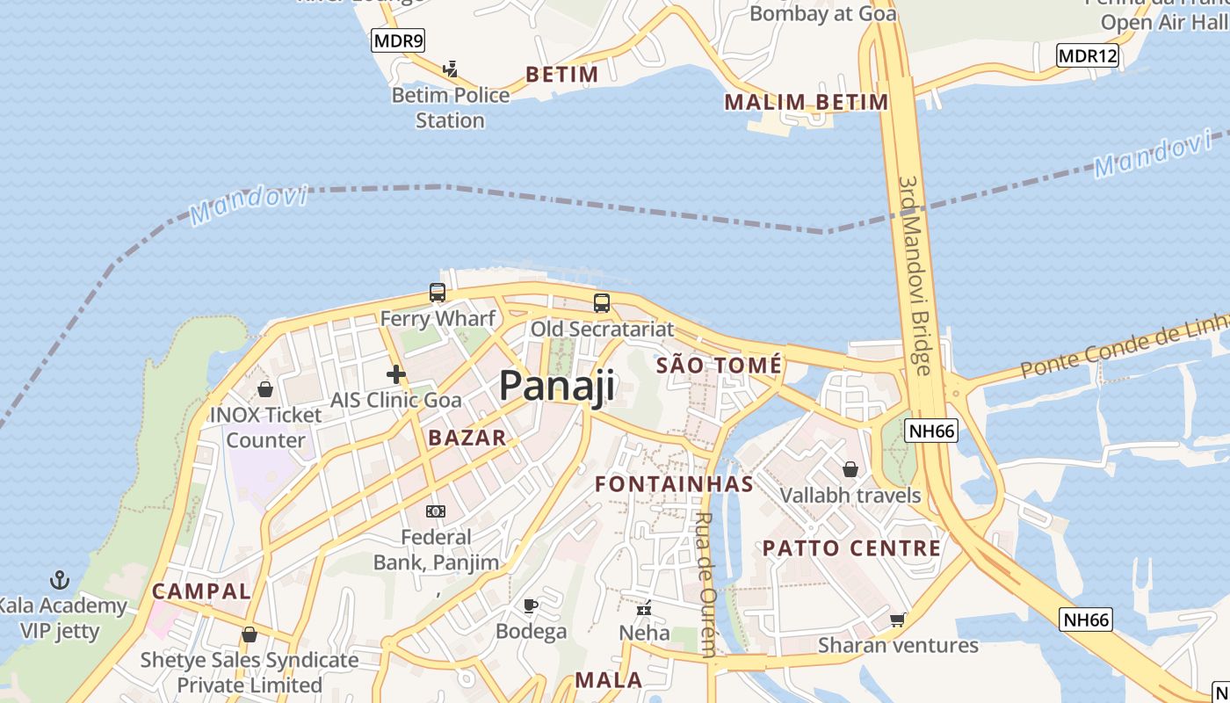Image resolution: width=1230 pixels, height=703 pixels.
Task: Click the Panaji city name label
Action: tap(557, 387)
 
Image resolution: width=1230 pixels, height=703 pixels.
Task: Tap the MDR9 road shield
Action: tap(398, 40)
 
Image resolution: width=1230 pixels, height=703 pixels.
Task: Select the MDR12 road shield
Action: tap(1088, 56)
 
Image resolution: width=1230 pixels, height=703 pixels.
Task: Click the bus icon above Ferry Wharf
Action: tap(437, 293)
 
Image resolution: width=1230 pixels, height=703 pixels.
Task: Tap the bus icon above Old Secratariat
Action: tap(602, 303)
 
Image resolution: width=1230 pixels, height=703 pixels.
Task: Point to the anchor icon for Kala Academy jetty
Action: tap(60, 580)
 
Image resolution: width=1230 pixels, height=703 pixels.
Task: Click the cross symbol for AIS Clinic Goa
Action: tap(395, 374)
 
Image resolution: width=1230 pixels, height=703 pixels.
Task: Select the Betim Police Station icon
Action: tap(451, 69)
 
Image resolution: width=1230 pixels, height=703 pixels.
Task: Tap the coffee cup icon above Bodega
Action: tap(531, 605)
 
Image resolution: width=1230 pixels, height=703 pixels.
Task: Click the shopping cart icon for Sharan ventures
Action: tap(898, 620)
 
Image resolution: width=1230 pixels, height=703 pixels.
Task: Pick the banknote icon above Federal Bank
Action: tap(436, 511)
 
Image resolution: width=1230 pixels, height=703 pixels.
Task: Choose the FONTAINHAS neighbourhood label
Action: tap(674, 484)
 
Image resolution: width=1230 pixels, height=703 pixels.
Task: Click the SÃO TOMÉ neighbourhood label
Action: tap(719, 366)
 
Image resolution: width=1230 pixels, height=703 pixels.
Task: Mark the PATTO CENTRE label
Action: tap(851, 548)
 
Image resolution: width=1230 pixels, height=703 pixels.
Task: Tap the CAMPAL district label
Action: tap(201, 591)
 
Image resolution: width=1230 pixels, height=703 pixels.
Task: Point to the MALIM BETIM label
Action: tap(806, 102)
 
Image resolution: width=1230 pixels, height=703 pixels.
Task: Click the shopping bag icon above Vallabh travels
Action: tap(850, 469)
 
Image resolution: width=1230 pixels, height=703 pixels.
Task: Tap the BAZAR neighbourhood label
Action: tap(467, 438)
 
